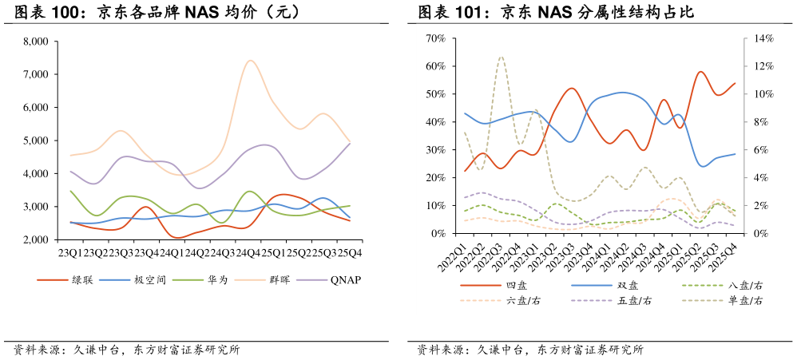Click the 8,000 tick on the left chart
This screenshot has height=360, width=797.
[36, 42]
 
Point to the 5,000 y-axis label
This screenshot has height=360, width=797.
[36, 140]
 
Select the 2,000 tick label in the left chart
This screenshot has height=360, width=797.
[36, 239]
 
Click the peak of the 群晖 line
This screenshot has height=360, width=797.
[250, 60]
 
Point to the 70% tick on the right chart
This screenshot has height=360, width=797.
[435, 38]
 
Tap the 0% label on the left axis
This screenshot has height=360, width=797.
[438, 233]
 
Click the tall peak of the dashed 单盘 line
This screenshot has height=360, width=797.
[501, 57]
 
